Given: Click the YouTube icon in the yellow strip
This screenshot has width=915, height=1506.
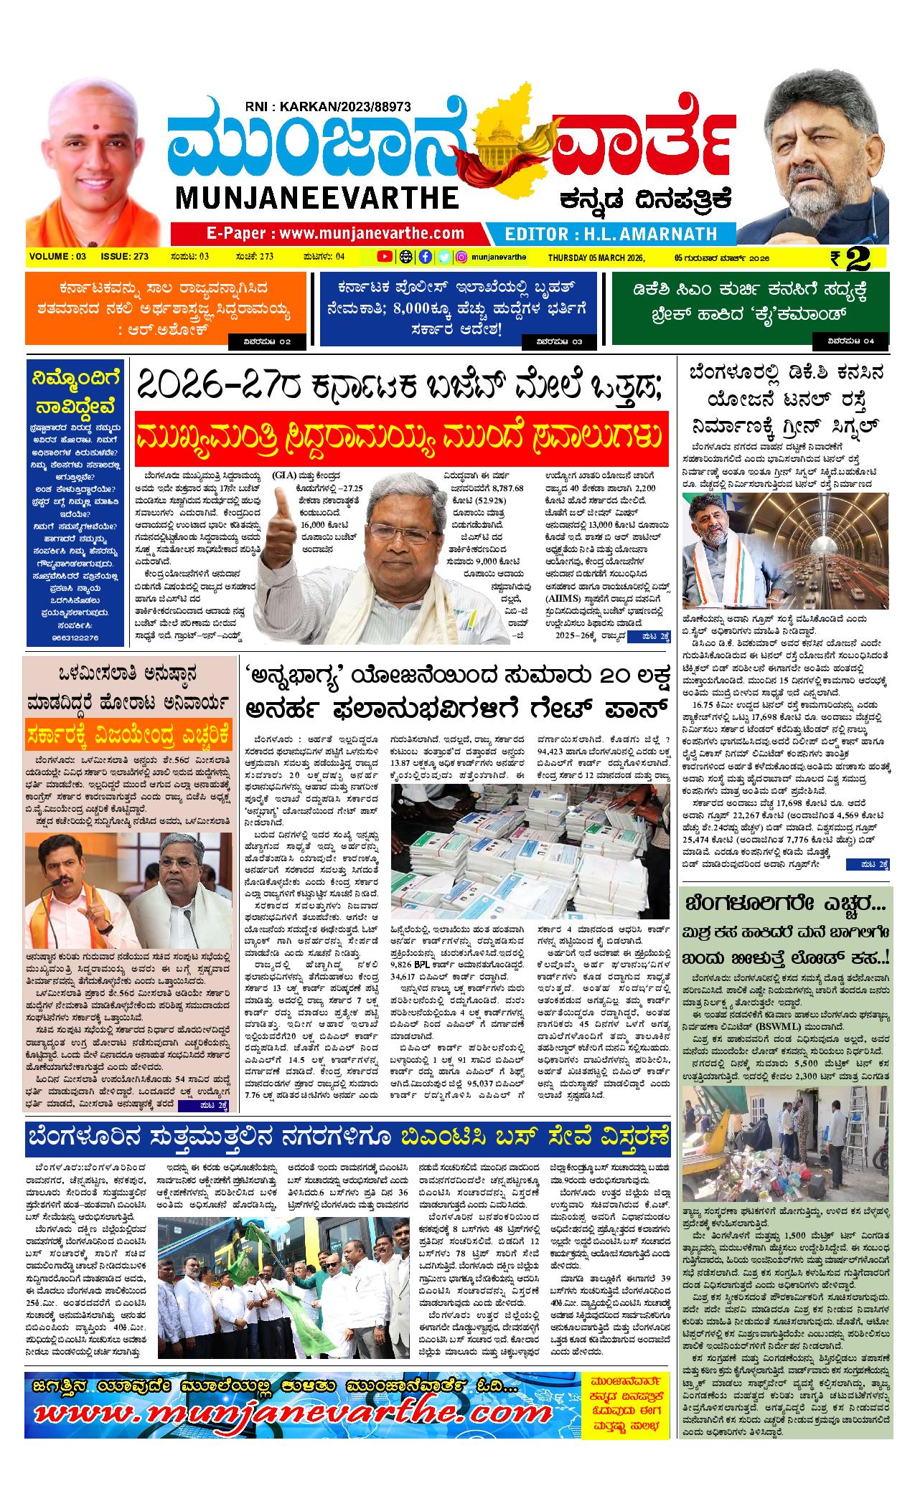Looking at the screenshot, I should coord(385,257).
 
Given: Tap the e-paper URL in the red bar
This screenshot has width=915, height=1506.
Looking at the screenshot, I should coord(335,233).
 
